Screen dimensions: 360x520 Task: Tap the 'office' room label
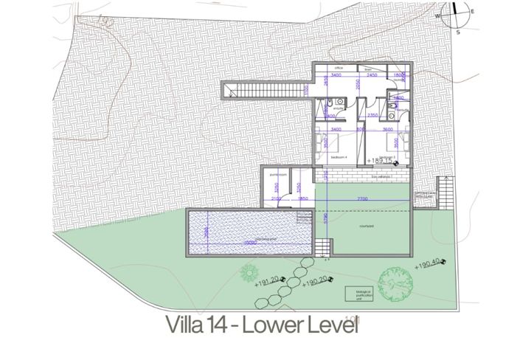pos(339,67)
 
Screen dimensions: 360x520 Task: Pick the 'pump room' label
pos(277,175)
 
